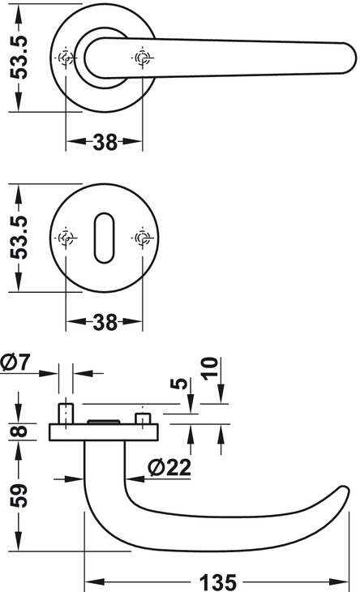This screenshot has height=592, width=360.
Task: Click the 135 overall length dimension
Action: pos(218,581)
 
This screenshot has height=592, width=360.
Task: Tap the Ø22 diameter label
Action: pos(169,467)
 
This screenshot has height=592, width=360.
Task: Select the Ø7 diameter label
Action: pos(15,362)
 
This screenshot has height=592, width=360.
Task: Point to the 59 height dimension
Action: pos(19,495)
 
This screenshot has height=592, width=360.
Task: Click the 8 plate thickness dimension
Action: pos(19,431)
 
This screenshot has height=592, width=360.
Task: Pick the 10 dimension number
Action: pos(210,368)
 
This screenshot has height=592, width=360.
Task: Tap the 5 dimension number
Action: pos(179,384)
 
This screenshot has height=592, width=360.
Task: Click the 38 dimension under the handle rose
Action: pos(105,143)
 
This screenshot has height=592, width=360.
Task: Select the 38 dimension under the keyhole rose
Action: pos(105,323)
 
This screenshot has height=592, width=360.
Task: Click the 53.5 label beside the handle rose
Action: pos(19,58)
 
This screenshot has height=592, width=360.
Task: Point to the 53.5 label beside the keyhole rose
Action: pos(19,238)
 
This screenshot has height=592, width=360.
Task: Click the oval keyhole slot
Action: pos(104,238)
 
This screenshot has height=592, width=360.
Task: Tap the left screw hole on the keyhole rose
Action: pos(66,238)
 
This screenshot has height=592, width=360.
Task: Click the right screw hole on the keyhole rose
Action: pos(143,238)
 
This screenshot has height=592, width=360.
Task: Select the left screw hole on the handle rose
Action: pos(66,58)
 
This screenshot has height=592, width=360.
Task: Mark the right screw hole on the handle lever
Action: pos(143,58)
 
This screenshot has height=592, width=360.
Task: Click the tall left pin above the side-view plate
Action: pos(66,414)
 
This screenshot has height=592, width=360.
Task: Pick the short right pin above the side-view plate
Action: pos(143,418)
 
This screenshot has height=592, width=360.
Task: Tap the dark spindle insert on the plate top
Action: pos(104,422)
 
